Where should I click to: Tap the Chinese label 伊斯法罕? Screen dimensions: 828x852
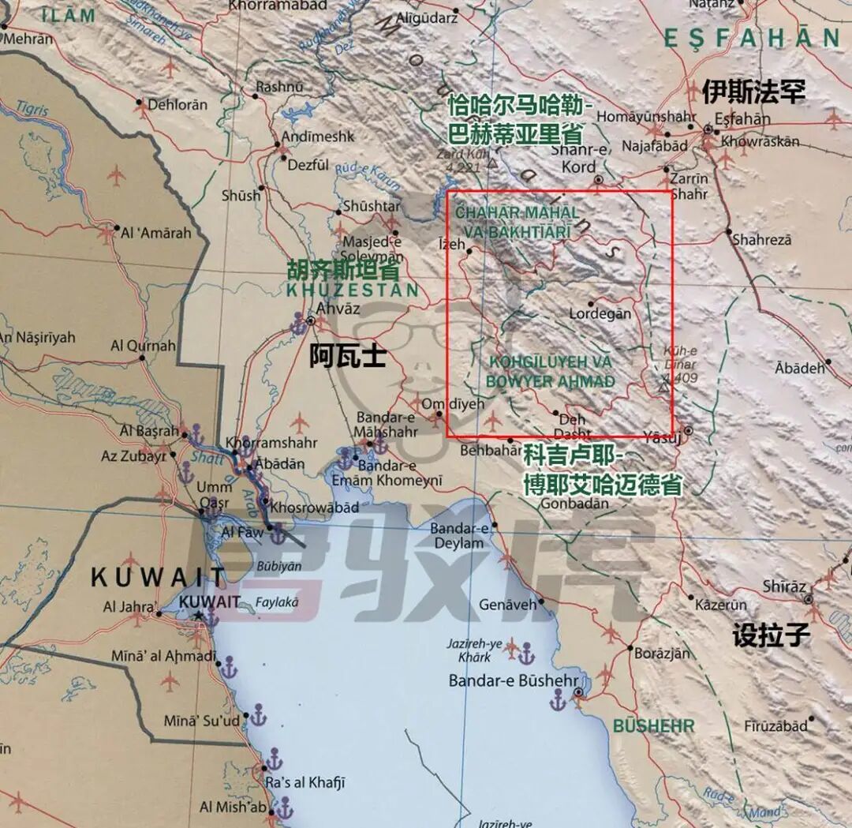pyautogui.click(x=753, y=92)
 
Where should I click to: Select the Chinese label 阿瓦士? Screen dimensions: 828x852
pyautogui.click(x=347, y=358)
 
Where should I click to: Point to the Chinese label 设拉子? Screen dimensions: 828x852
pyautogui.click(x=771, y=635)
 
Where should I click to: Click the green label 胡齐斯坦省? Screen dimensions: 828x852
pyautogui.click(x=343, y=271)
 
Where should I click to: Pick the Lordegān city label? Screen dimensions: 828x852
pyautogui.click(x=600, y=313)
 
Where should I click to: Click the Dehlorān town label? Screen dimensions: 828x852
pyautogui.click(x=178, y=104)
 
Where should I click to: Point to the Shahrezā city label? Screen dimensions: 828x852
pyautogui.click(x=761, y=239)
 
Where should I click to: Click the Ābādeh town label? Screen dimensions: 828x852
pyautogui.click(x=800, y=368)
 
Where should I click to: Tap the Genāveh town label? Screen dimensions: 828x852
pyautogui.click(x=507, y=605)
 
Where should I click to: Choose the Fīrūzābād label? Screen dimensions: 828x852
pyautogui.click(x=775, y=725)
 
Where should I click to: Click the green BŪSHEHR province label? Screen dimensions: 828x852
pyautogui.click(x=653, y=726)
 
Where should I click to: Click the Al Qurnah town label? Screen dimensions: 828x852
pyautogui.click(x=144, y=346)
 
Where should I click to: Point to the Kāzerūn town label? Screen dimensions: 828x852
pyautogui.click(x=720, y=605)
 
